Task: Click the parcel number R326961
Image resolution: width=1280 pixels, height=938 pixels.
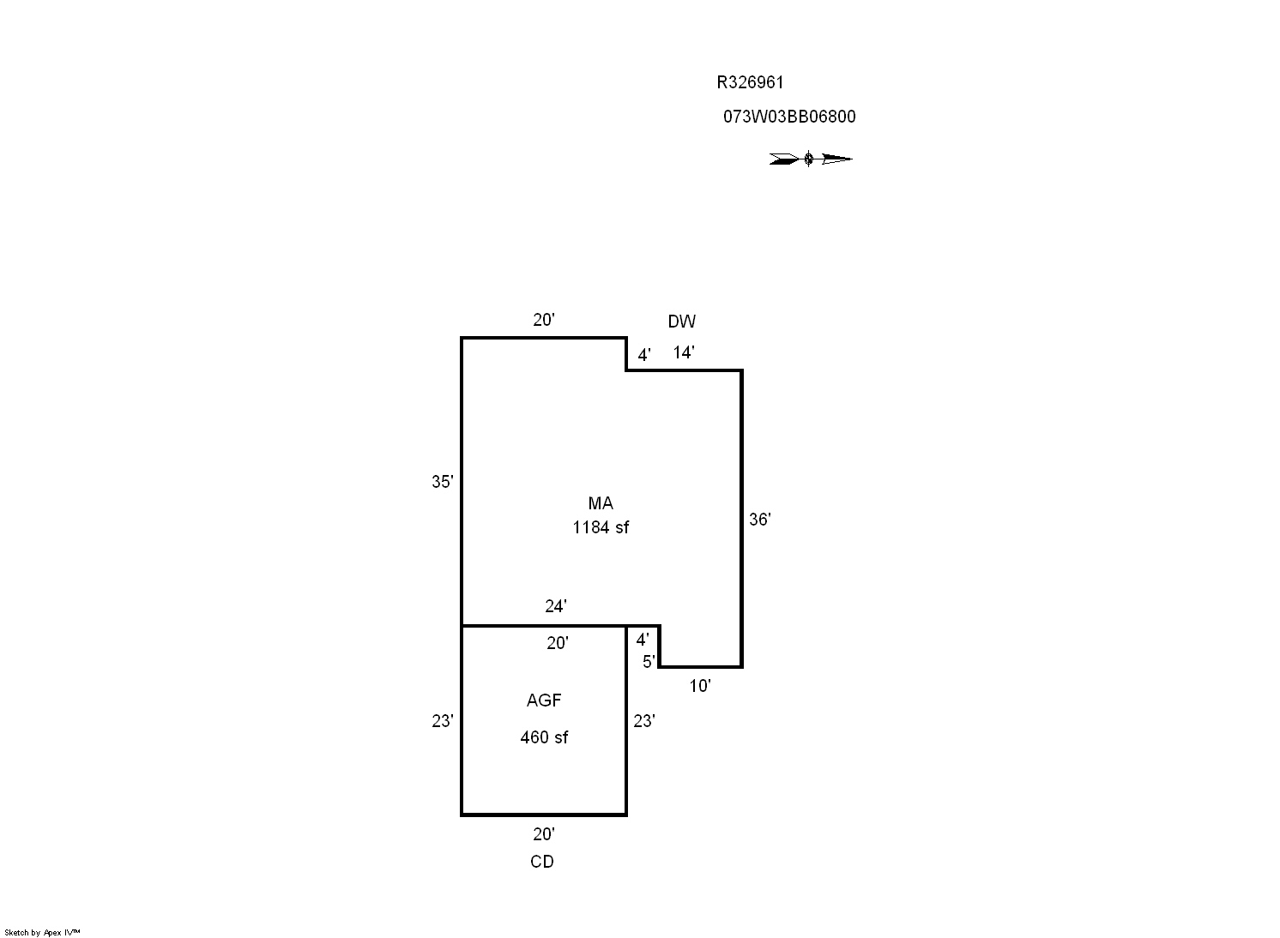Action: click(750, 83)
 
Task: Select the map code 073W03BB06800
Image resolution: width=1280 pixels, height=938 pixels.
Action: click(789, 117)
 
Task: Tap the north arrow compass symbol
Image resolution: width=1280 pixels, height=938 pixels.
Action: click(810, 159)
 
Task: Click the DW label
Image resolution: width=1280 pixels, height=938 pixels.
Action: click(682, 322)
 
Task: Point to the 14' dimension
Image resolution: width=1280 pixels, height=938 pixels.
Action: click(683, 352)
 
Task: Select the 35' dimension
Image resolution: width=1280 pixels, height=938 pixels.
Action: click(442, 482)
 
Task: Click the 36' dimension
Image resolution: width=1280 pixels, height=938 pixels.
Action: click(759, 520)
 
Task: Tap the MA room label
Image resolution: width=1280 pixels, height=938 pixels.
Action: click(601, 503)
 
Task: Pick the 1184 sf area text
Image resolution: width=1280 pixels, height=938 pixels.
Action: click(601, 527)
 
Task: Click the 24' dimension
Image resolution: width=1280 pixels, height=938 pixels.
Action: click(556, 607)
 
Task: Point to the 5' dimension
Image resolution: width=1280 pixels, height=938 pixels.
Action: click(649, 661)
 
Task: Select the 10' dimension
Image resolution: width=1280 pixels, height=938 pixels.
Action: click(700, 686)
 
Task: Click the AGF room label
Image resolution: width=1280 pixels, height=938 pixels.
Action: click(544, 700)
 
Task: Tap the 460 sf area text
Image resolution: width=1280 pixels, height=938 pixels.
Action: click(544, 737)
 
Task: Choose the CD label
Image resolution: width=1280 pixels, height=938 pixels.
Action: click(542, 862)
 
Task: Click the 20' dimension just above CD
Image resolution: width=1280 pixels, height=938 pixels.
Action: click(544, 834)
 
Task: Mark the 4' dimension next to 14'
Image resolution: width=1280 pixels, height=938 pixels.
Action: click(644, 355)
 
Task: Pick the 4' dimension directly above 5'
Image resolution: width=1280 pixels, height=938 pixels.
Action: click(643, 640)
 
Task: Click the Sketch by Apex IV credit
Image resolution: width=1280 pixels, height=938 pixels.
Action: click(42, 932)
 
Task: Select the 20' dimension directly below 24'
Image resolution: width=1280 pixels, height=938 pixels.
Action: click(558, 643)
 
